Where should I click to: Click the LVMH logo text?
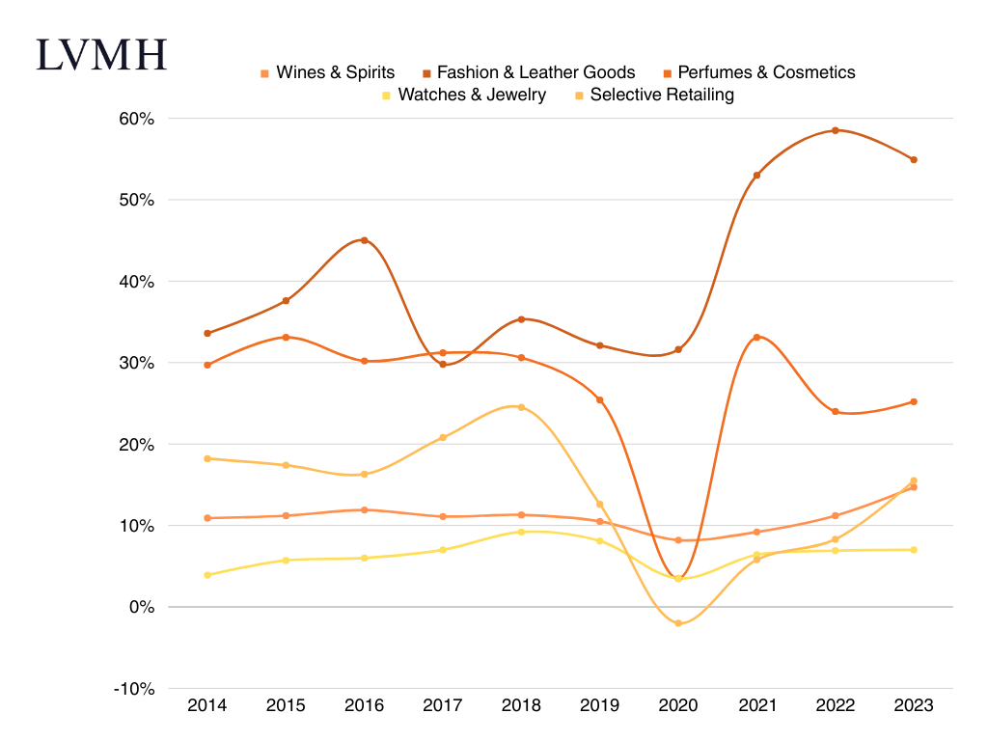(101, 55)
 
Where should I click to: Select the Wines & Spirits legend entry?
(328, 72)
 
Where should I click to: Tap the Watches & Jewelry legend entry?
(464, 95)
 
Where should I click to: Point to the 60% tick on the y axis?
(137, 119)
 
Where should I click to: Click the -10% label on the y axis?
(135, 689)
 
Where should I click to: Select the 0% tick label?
(143, 607)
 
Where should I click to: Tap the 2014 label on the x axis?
(207, 705)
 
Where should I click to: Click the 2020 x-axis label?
(677, 705)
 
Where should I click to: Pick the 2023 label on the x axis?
(913, 705)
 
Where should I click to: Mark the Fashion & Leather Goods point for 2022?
(835, 130)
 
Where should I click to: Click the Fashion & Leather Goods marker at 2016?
(364, 240)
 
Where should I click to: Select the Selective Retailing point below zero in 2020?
(678, 623)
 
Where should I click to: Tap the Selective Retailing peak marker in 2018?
(521, 407)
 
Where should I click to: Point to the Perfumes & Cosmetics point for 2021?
(756, 337)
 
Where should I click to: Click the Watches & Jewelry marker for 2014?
(207, 575)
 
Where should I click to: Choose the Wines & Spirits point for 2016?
(364, 509)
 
